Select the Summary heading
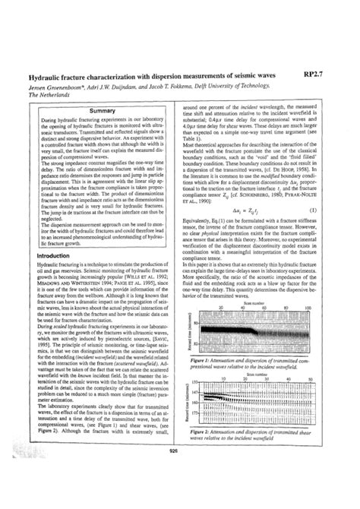[x=102, y=111]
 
